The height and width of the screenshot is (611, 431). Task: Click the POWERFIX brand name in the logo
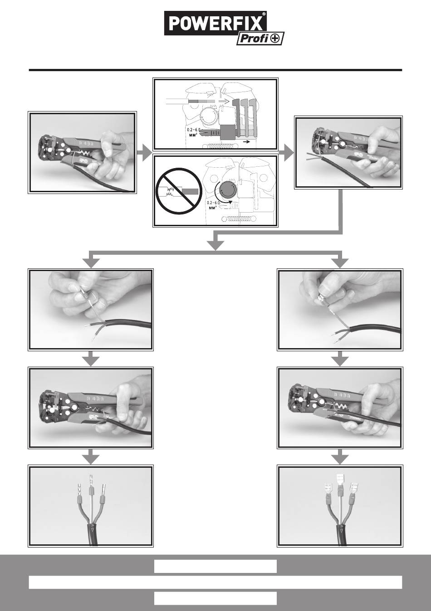215,24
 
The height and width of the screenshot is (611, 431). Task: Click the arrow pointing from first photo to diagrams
144,154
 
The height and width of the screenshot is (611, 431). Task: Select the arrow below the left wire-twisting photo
92,359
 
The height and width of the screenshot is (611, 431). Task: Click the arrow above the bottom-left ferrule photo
92,457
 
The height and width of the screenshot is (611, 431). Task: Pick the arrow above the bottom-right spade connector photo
340,457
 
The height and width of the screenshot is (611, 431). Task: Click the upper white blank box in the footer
215,566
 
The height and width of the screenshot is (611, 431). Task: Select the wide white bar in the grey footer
215,582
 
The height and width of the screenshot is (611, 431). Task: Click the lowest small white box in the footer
215,598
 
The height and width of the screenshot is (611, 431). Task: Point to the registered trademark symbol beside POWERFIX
264,14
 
